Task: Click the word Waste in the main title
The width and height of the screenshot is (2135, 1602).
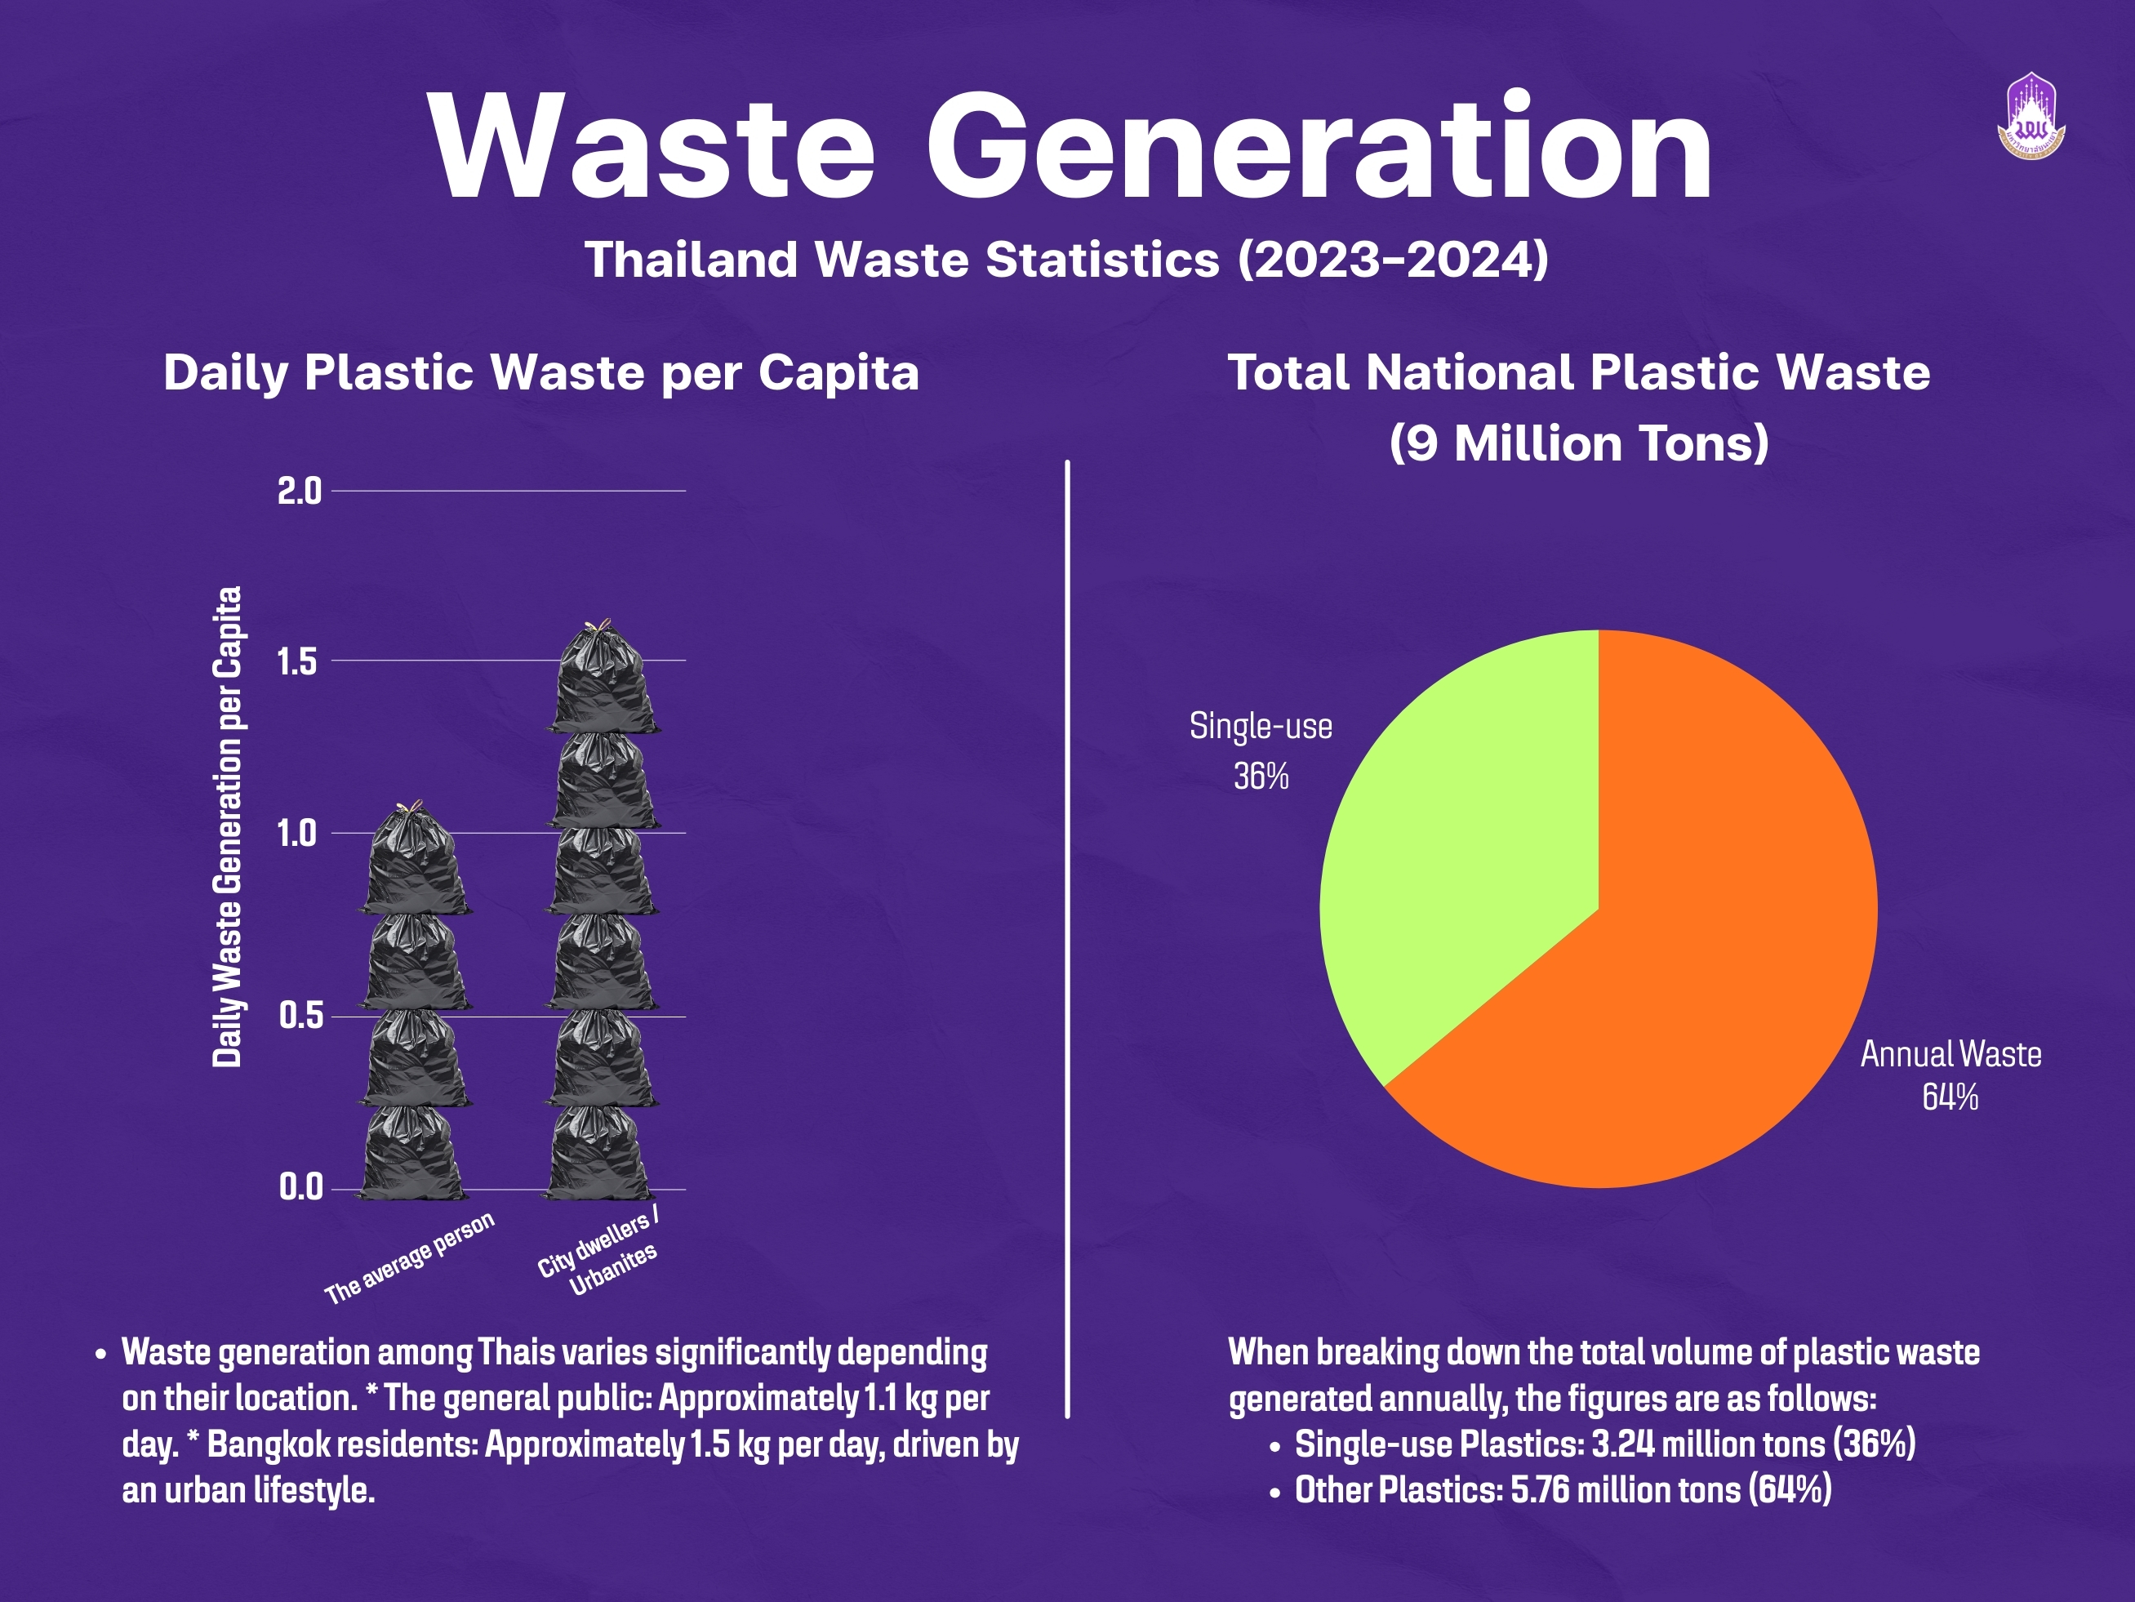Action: click(x=652, y=147)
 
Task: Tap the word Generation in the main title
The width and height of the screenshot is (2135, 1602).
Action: click(x=1319, y=145)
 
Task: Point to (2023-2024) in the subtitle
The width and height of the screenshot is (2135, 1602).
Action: click(x=1393, y=260)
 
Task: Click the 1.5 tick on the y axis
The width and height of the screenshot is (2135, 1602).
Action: click(x=297, y=662)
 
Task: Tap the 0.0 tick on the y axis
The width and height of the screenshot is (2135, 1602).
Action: click(x=301, y=1186)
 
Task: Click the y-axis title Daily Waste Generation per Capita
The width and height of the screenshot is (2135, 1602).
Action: click(x=227, y=827)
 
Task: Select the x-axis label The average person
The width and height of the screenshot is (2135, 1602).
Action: click(x=409, y=1258)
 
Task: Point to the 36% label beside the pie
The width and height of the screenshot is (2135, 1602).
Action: click(x=1261, y=777)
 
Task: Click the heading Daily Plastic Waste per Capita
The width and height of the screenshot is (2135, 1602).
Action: click(x=541, y=373)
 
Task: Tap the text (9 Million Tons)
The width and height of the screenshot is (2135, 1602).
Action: click(x=1579, y=444)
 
